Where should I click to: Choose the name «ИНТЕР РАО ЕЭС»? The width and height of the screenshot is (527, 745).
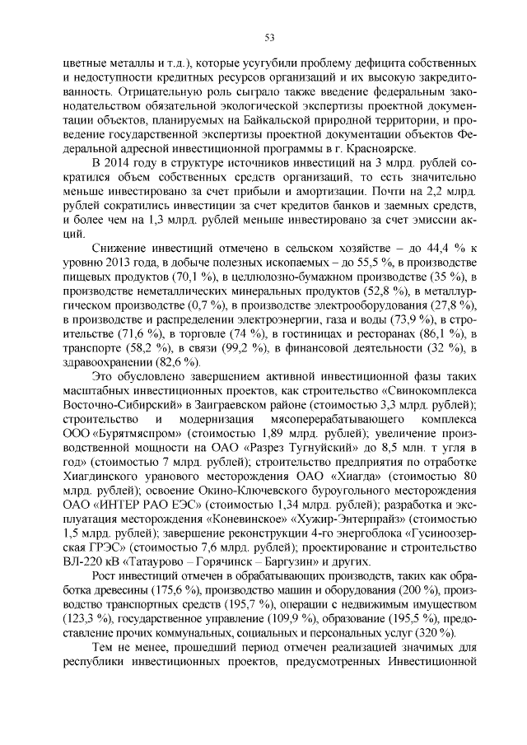tap(129, 517)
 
